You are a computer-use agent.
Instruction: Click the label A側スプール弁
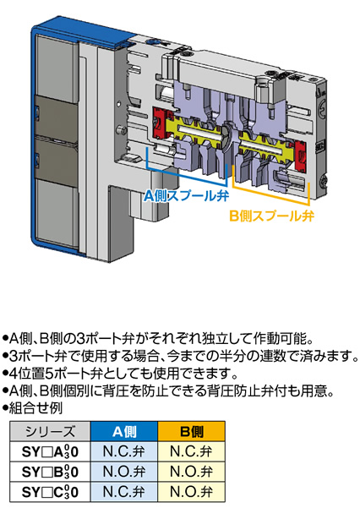coord(187,195)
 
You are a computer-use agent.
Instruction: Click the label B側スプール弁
coord(271,216)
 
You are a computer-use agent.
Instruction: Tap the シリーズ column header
coord(50,431)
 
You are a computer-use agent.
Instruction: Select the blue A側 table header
coord(124,431)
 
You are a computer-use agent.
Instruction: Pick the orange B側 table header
coord(192,431)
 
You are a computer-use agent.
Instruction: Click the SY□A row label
coord(50,451)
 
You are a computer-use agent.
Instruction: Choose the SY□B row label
coord(50,472)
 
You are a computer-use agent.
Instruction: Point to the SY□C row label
coord(50,492)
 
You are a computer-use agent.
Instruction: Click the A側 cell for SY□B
coord(124,472)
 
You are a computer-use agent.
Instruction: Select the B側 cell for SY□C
coord(192,492)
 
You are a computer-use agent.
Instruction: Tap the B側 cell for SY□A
coord(192,451)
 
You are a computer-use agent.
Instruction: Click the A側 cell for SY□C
coord(124,492)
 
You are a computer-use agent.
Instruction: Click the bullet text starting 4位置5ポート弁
coord(120,374)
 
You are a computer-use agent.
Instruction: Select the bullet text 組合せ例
coord(33,408)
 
